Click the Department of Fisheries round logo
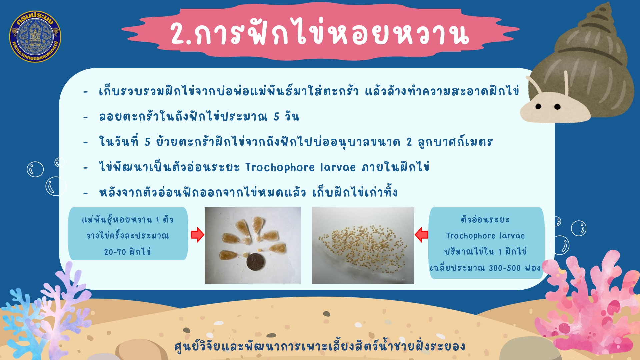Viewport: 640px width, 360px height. coord(35,36)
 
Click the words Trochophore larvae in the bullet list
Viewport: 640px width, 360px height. coord(300,167)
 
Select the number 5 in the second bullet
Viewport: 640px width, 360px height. coord(276,117)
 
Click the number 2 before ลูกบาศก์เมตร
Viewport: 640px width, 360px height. coord(409,142)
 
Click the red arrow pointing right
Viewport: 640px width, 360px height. coord(197,235)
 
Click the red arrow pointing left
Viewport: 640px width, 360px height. coord(421,235)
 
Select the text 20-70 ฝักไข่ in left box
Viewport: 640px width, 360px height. coord(127,251)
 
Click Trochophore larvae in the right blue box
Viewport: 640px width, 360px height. coord(485,236)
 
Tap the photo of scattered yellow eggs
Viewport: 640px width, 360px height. coord(363,246)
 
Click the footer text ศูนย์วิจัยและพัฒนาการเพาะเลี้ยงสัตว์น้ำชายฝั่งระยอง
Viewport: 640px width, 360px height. coord(319,346)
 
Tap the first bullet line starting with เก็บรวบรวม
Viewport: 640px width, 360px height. coord(309,91)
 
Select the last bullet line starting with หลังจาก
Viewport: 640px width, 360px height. coord(248,192)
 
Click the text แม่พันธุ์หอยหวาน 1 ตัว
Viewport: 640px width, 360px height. coord(128,219)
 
